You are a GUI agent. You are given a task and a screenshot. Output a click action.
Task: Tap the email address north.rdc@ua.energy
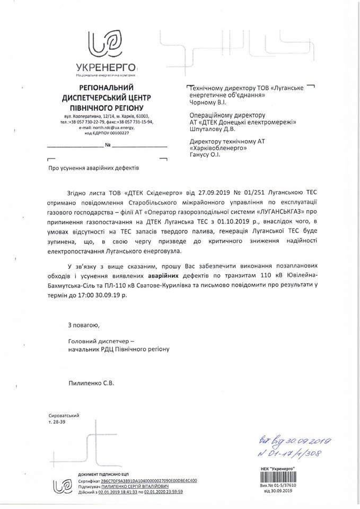click(x=106, y=127)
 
